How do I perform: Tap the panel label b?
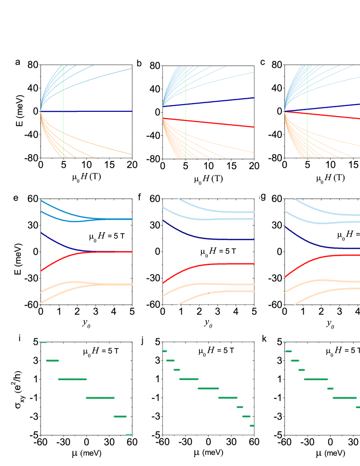pyautogui.click(x=139, y=63)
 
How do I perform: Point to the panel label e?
pyautogui.click(x=15, y=198)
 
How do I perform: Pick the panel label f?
pyautogui.click(x=139, y=198)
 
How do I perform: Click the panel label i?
pyautogui.click(x=19, y=338)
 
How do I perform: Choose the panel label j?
pyautogui.click(x=142, y=340)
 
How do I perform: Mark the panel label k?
pyautogui.click(x=264, y=339)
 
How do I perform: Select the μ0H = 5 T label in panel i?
pyautogui.click(x=100, y=351)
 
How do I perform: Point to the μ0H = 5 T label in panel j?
pyautogui.click(x=216, y=350)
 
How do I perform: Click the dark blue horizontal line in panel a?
pyautogui.click(x=96, y=111)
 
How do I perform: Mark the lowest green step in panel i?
pyautogui.click(x=129, y=435)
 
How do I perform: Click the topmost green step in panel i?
pyautogui.click(x=43, y=342)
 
